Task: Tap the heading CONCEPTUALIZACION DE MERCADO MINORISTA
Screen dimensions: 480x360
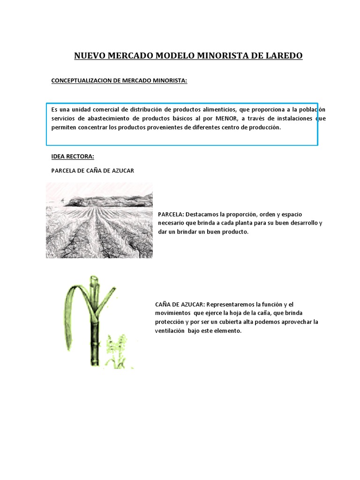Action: click(119, 81)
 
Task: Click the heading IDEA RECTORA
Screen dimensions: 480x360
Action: click(73, 156)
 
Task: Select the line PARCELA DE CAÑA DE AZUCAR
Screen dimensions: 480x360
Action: click(92, 171)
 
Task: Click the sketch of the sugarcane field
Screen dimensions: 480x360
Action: click(99, 225)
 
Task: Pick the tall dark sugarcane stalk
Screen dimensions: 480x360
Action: click(96, 328)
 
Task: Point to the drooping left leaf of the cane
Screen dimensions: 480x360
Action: click(70, 309)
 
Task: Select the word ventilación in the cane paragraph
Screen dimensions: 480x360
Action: click(170, 331)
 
